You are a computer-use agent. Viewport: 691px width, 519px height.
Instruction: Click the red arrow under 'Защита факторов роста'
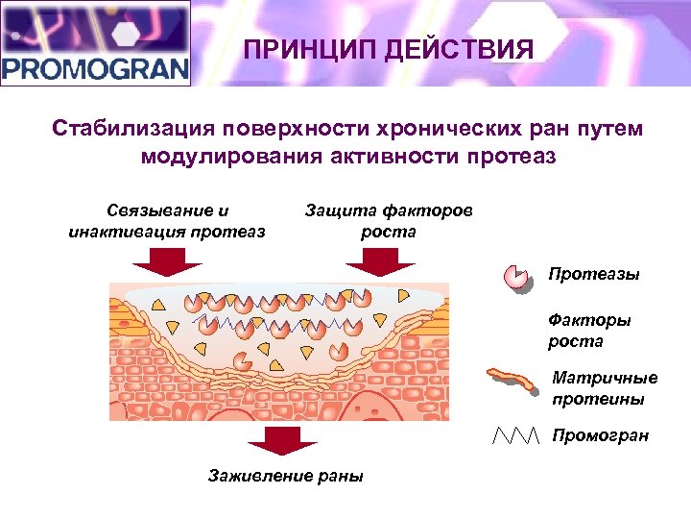[x=380, y=261]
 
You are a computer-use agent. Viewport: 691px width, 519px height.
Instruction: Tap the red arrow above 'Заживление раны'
[x=282, y=441]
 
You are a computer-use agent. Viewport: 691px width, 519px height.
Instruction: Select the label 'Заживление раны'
[x=286, y=476]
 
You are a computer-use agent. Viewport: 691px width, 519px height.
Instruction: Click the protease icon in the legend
[x=517, y=277]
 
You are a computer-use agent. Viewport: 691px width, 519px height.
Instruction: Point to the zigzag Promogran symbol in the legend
[x=516, y=436]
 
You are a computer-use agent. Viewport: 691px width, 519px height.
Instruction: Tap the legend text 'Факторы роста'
[x=588, y=331]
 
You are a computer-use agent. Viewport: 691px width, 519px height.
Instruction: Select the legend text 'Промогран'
[x=601, y=436]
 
